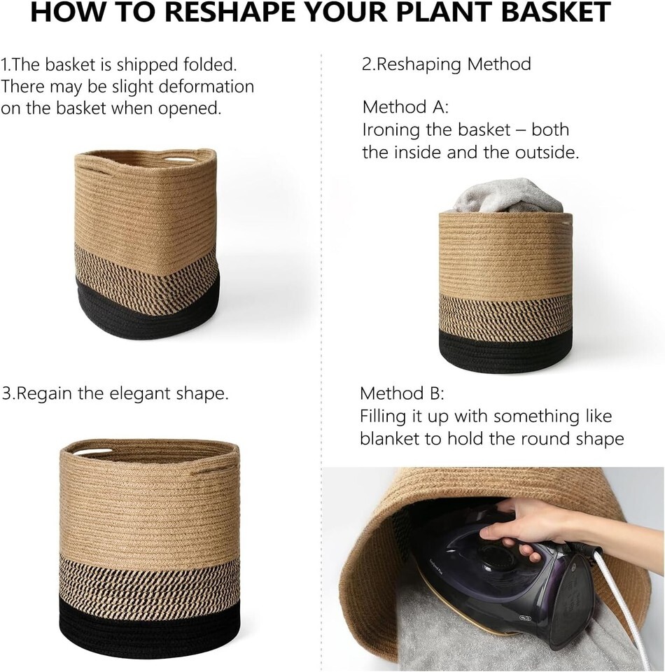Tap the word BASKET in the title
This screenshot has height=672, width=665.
556,12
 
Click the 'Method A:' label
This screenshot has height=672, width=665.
405,106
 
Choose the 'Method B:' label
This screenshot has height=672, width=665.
402,393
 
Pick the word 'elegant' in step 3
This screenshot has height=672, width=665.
140,393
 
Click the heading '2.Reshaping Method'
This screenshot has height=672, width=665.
447,64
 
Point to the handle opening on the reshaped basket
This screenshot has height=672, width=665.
92,452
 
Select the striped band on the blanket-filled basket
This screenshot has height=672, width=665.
505,315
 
